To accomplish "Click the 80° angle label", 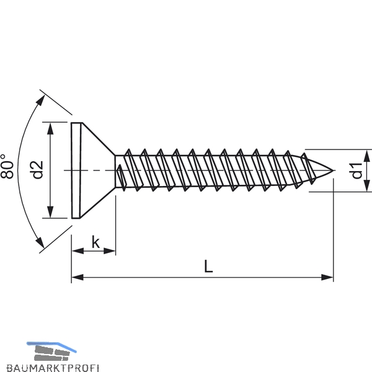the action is [6, 166].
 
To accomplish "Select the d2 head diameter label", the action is [37, 170].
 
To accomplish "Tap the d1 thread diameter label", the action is [356, 170].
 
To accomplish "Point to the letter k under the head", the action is [95, 242].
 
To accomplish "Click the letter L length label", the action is [208, 266].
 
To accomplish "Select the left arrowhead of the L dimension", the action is [77, 277].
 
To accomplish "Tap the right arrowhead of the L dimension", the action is [327, 277].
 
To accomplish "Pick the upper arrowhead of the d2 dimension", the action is [50, 128].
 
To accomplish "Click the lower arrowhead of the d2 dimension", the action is [50, 212].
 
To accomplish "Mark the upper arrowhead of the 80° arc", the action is [41, 100].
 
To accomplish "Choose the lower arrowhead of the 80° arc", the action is [40, 242].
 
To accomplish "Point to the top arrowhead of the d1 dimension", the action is [367, 156].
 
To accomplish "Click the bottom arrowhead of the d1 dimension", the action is [367, 185].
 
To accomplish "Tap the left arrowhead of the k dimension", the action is [78, 250].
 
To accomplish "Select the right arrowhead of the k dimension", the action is [110, 250].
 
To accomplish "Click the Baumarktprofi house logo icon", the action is [51, 352].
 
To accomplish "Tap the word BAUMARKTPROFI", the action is [53, 368].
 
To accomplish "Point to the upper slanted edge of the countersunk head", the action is [99, 139].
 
